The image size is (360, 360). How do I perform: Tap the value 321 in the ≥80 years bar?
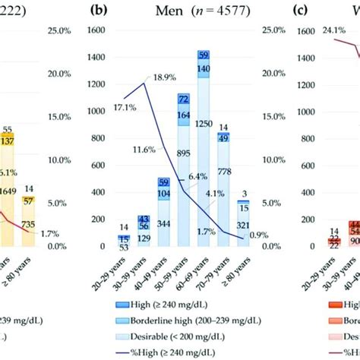(244, 226)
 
